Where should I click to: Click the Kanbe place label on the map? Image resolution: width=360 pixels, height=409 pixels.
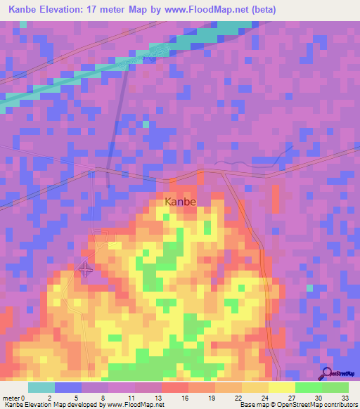pos(180,202)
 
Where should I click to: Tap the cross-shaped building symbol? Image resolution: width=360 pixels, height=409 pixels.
pos(84,269)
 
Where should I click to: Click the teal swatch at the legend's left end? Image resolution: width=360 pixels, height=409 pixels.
pos(41,387)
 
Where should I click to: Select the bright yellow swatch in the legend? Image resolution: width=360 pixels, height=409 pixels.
pos(282,387)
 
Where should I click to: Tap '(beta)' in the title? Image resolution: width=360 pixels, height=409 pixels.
pos(263,10)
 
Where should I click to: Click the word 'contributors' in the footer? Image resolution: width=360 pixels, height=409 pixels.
pos(338,405)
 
